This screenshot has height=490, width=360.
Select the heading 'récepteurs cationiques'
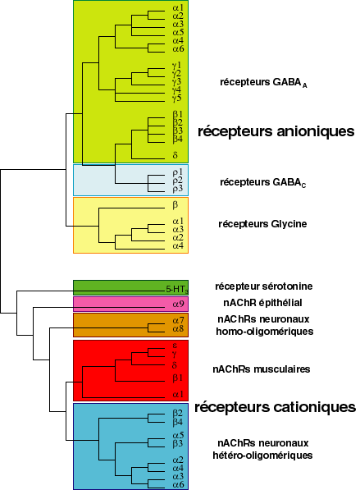pyautogui.click(x=275, y=406)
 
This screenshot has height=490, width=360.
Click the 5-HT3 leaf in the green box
pyautogui.click(x=175, y=288)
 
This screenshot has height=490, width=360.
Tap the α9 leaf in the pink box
pyautogui.click(x=178, y=305)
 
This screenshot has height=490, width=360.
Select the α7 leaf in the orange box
pyautogui.click(x=178, y=319)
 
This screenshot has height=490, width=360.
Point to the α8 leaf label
pyautogui.click(x=178, y=328)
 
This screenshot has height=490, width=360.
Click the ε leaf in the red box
pyautogui.click(x=175, y=346)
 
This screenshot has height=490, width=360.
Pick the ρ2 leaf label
pyautogui.click(x=177, y=181)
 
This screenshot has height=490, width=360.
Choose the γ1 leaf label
pyautogui.click(x=177, y=65)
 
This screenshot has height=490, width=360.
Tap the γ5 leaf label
pyautogui.click(x=177, y=98)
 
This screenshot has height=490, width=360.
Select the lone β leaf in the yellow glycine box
pyautogui.click(x=175, y=205)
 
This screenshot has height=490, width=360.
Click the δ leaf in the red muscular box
pyautogui.click(x=175, y=364)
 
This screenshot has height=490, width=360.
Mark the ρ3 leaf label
pyautogui.click(x=177, y=189)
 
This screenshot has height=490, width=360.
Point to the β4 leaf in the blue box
pyautogui.click(x=178, y=421)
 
